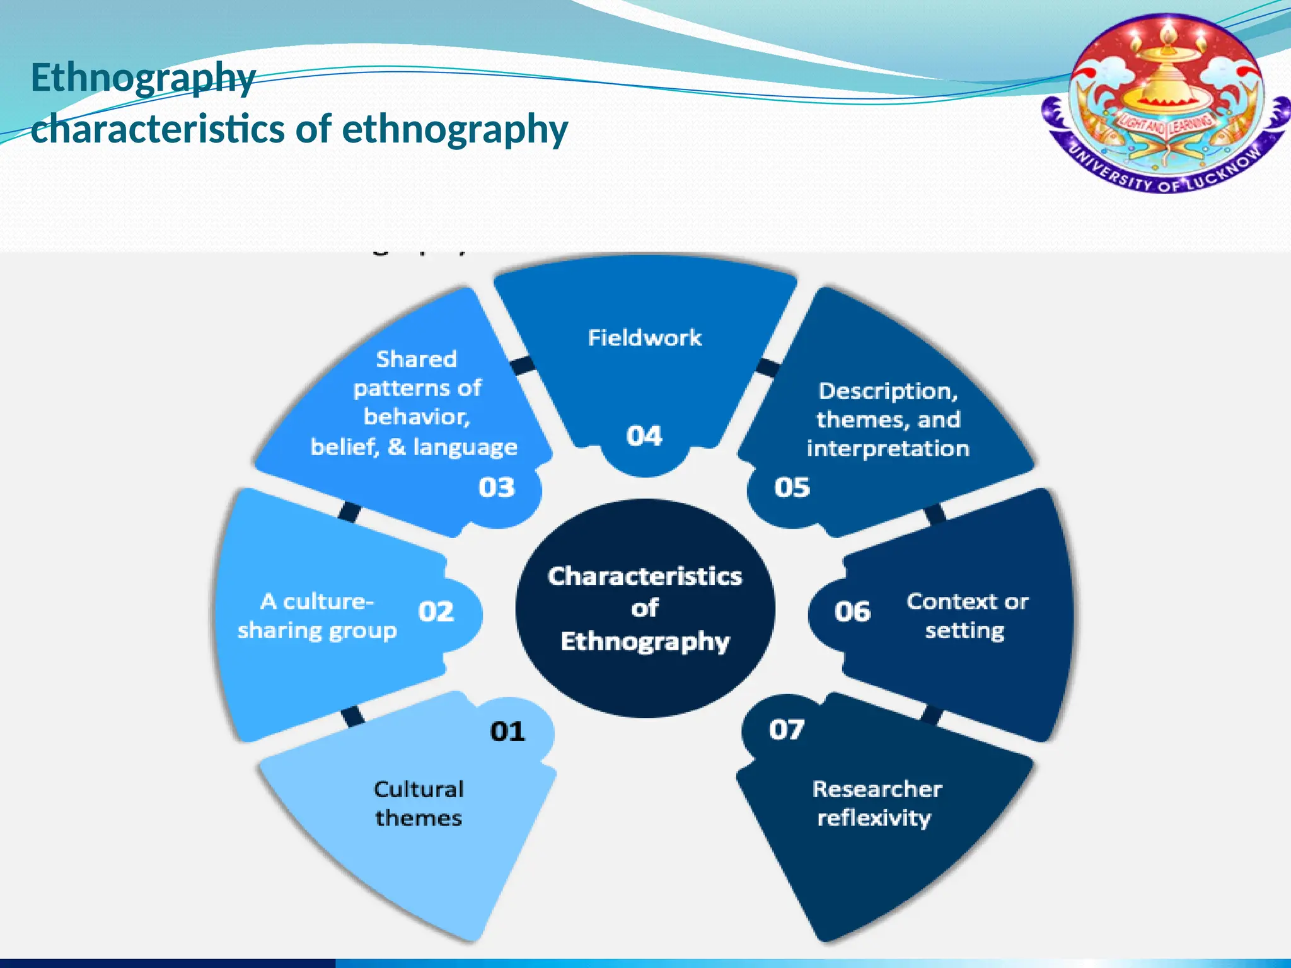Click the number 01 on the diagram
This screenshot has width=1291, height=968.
507,732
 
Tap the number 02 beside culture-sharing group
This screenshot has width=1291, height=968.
436,612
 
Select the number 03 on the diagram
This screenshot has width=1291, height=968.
497,487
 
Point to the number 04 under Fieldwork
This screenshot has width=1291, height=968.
644,436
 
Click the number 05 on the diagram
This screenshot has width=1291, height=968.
792,487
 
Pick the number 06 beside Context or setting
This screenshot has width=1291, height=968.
852,612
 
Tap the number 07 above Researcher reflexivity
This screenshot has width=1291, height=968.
787,730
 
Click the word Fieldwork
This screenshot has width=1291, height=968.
644,338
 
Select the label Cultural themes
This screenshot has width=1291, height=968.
419,804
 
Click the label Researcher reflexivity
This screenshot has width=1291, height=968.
876,804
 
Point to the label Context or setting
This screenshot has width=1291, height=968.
967,616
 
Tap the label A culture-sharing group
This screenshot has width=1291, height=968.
317,616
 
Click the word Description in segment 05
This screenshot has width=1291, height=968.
888,391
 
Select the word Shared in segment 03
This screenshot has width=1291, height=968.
416,359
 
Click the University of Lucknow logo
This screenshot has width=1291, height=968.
1166,104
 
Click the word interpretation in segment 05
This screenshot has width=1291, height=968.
888,449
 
